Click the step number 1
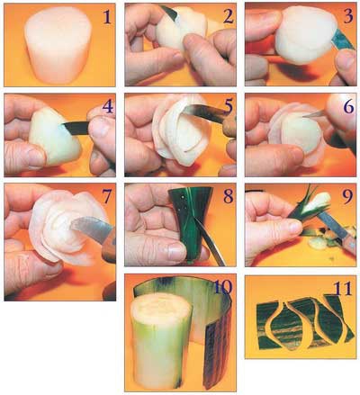[107, 17]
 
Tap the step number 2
[228, 16]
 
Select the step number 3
[348, 16]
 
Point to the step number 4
[108, 106]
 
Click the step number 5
[229, 106]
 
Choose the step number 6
[348, 106]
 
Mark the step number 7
[107, 196]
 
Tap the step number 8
[228, 196]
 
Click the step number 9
[348, 196]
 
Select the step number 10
[223, 287]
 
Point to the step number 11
[343, 288]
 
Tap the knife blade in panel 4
[76, 129]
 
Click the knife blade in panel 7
[90, 229]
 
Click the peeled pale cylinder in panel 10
[161, 339]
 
